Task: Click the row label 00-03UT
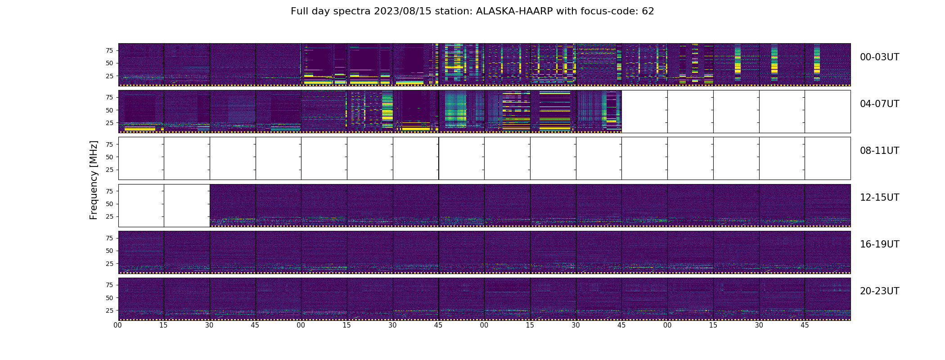click(879, 57)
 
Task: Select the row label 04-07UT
click(879, 104)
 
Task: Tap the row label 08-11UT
click(879, 151)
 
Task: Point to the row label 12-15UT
click(879, 198)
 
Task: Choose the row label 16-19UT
click(879, 244)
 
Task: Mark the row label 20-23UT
click(879, 291)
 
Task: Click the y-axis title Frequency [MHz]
click(94, 180)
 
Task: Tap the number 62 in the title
click(648, 11)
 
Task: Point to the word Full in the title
click(300, 11)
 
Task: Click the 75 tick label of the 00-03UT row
click(109, 50)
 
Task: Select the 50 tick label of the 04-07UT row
click(109, 110)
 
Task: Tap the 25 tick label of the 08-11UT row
click(109, 170)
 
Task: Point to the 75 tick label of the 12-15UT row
click(109, 191)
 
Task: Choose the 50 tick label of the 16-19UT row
click(109, 251)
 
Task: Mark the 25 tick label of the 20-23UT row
click(109, 310)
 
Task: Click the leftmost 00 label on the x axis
click(118, 325)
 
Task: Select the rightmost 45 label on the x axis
click(805, 325)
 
